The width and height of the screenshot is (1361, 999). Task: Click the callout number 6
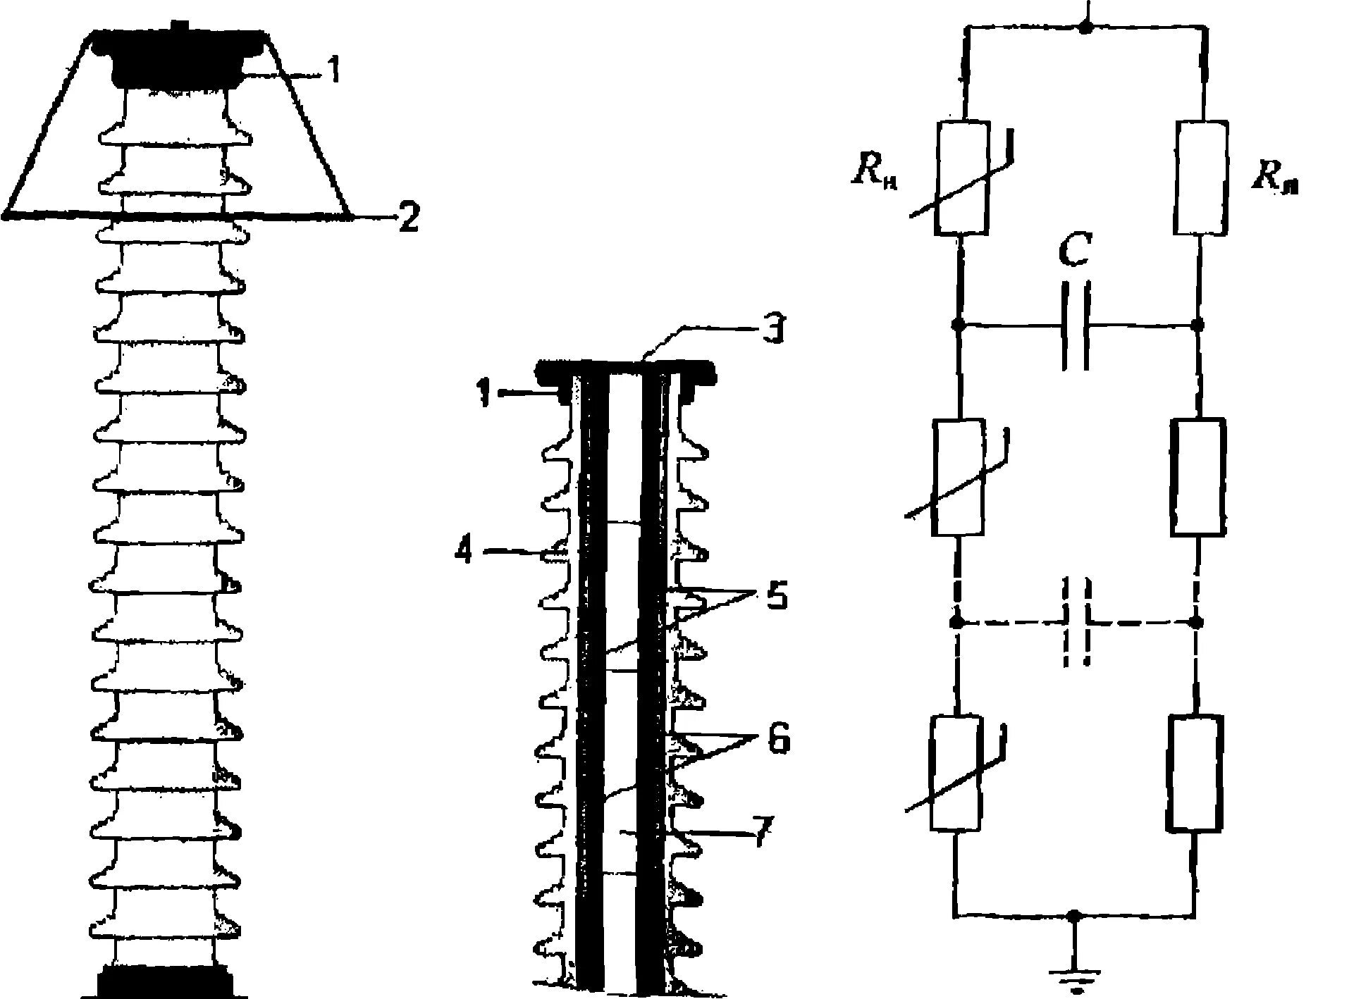775,740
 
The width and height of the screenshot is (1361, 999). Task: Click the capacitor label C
1076,252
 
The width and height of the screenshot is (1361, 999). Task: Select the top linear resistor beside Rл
1201,177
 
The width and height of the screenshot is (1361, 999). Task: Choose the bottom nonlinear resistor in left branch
956,774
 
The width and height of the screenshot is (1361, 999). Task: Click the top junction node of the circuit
1086,27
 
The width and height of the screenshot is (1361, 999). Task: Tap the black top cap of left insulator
178,56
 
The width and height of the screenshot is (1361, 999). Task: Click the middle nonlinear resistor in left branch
958,478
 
